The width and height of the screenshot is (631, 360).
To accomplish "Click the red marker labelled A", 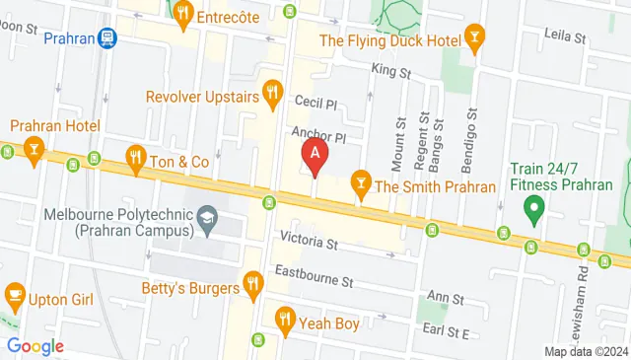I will click(314, 154).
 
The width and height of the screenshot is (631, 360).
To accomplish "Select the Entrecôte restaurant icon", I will click(181, 14).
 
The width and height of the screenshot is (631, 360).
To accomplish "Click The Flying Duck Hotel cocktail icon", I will click(475, 40).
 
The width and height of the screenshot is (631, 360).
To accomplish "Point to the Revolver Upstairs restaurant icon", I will click(273, 96).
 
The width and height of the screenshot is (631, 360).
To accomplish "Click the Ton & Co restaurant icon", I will click(136, 156).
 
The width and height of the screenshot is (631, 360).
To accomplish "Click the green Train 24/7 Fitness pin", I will click(533, 208).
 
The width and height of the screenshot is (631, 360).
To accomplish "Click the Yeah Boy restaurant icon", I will click(285, 318).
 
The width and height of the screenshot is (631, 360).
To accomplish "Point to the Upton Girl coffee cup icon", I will click(15, 293).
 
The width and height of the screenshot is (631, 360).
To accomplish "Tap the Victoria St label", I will click(310, 240).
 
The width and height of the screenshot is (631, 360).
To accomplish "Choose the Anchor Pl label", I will click(319, 135).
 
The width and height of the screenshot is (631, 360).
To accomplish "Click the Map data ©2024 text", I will click(587, 351).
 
